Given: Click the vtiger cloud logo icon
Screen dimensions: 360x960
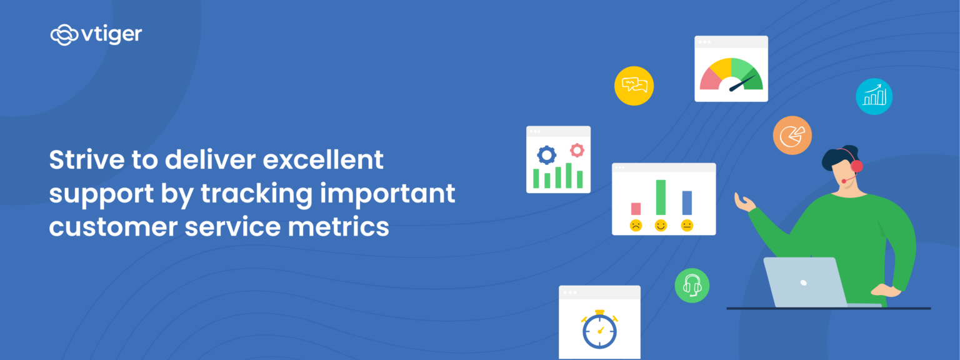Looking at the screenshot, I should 64,34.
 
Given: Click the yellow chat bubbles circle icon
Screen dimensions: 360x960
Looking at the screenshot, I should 634,86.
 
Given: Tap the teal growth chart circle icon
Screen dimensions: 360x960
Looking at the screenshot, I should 874,96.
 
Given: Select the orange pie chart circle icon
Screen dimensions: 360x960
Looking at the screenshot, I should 792,135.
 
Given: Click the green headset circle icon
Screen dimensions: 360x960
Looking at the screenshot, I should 692,286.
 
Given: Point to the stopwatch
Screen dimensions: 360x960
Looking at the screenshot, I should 599,331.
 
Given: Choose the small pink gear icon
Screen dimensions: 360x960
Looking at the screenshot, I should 576,150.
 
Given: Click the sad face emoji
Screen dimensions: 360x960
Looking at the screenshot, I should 636,226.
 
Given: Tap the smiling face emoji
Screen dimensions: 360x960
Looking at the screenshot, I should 661,226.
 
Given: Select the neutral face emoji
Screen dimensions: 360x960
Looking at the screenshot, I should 687,226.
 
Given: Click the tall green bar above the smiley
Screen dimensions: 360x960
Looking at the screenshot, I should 661,197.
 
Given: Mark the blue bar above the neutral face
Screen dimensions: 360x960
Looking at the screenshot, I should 687,202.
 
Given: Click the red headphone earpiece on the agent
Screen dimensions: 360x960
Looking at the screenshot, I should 856,166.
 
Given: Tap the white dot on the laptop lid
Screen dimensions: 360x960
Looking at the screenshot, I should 803,282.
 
